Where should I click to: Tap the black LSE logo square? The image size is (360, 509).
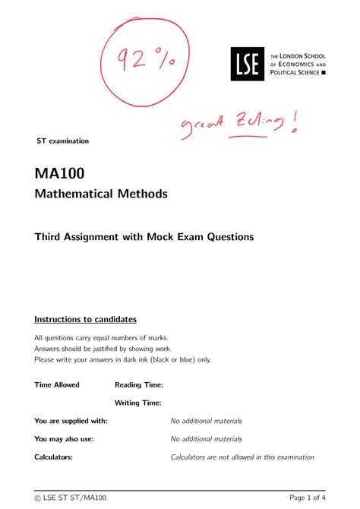[x=248, y=65]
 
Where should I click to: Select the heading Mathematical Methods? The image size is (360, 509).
[x=100, y=194]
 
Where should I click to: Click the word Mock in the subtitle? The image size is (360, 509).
[x=175, y=237]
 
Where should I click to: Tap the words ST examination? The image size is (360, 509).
[x=63, y=141]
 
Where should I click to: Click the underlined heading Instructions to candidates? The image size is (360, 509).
[x=85, y=319]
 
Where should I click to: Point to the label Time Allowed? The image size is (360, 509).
[x=57, y=385]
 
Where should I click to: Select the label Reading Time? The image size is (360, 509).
[x=139, y=385]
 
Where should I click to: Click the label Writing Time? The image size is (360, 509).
[x=138, y=403]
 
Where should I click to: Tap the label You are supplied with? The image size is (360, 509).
[x=71, y=421]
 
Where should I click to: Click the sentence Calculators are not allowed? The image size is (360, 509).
[x=242, y=457]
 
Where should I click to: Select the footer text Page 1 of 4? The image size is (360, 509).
[x=304, y=498]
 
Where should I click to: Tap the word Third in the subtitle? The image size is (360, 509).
[x=50, y=237]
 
